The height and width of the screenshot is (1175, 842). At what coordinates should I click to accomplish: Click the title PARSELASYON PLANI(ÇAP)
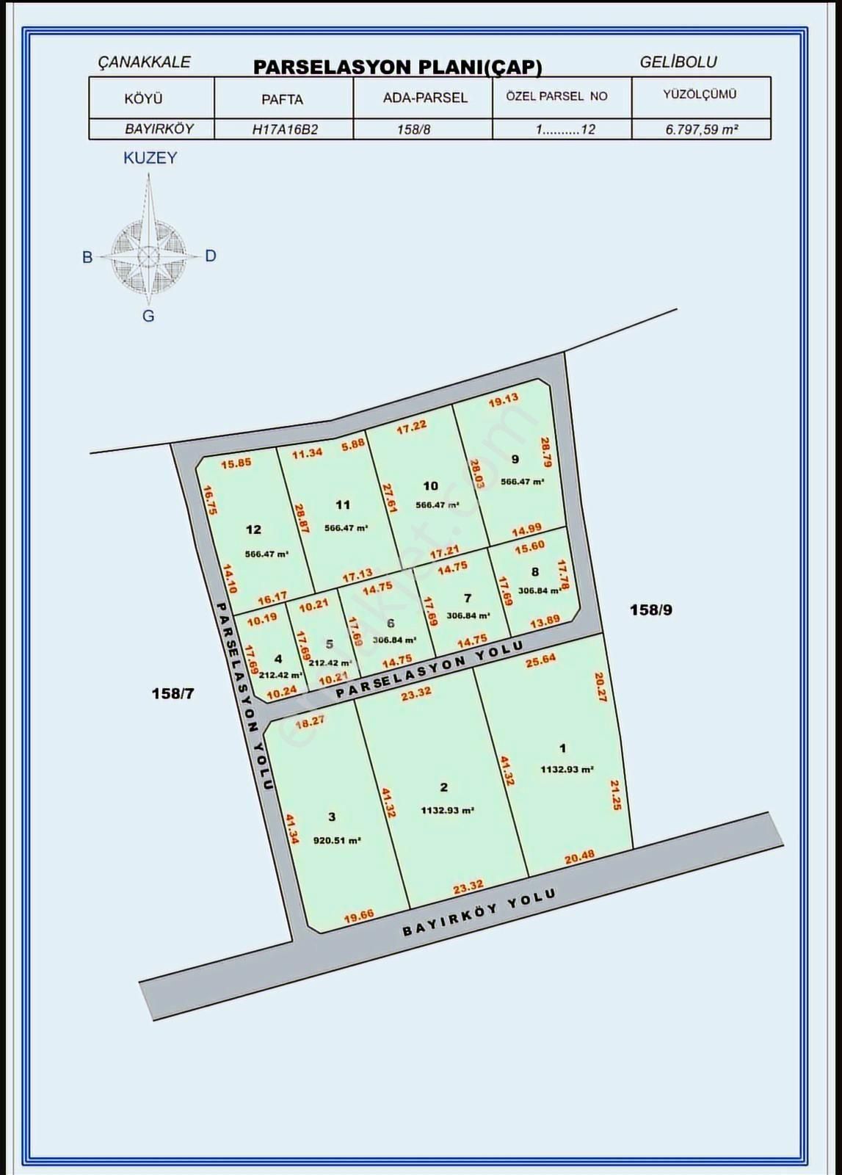click(397, 68)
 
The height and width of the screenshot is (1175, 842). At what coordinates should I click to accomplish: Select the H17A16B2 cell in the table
click(285, 129)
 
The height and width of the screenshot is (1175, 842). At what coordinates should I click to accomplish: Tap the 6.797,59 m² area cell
click(701, 129)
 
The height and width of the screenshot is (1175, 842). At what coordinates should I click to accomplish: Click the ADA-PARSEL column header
click(425, 98)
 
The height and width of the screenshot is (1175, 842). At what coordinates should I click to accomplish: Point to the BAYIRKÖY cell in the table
click(159, 129)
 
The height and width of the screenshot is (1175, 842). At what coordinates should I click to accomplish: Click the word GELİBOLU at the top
click(678, 62)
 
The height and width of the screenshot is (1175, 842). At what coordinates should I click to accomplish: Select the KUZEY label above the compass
click(150, 158)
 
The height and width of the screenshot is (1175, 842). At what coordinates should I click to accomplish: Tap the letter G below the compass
click(148, 317)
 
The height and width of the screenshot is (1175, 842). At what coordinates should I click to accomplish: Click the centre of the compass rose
click(148, 256)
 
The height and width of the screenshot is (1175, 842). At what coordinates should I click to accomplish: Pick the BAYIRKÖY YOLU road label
click(479, 913)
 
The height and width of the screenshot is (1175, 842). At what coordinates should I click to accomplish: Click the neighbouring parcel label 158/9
click(650, 610)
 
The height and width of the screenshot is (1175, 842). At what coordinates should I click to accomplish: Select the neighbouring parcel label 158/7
click(173, 693)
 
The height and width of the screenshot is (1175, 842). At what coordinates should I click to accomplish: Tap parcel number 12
click(253, 529)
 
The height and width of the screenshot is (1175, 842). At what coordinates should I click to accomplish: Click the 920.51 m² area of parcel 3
click(337, 840)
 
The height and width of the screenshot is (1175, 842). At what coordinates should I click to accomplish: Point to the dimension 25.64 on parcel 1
click(540, 661)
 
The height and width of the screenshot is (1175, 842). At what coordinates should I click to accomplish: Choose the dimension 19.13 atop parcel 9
click(504, 399)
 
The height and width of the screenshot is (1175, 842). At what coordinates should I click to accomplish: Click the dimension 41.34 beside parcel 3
click(291, 828)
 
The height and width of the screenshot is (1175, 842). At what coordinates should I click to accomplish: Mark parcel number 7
click(468, 599)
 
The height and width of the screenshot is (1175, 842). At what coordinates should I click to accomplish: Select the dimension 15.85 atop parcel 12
click(236, 463)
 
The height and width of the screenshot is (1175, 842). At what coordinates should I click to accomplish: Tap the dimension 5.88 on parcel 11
click(352, 444)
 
